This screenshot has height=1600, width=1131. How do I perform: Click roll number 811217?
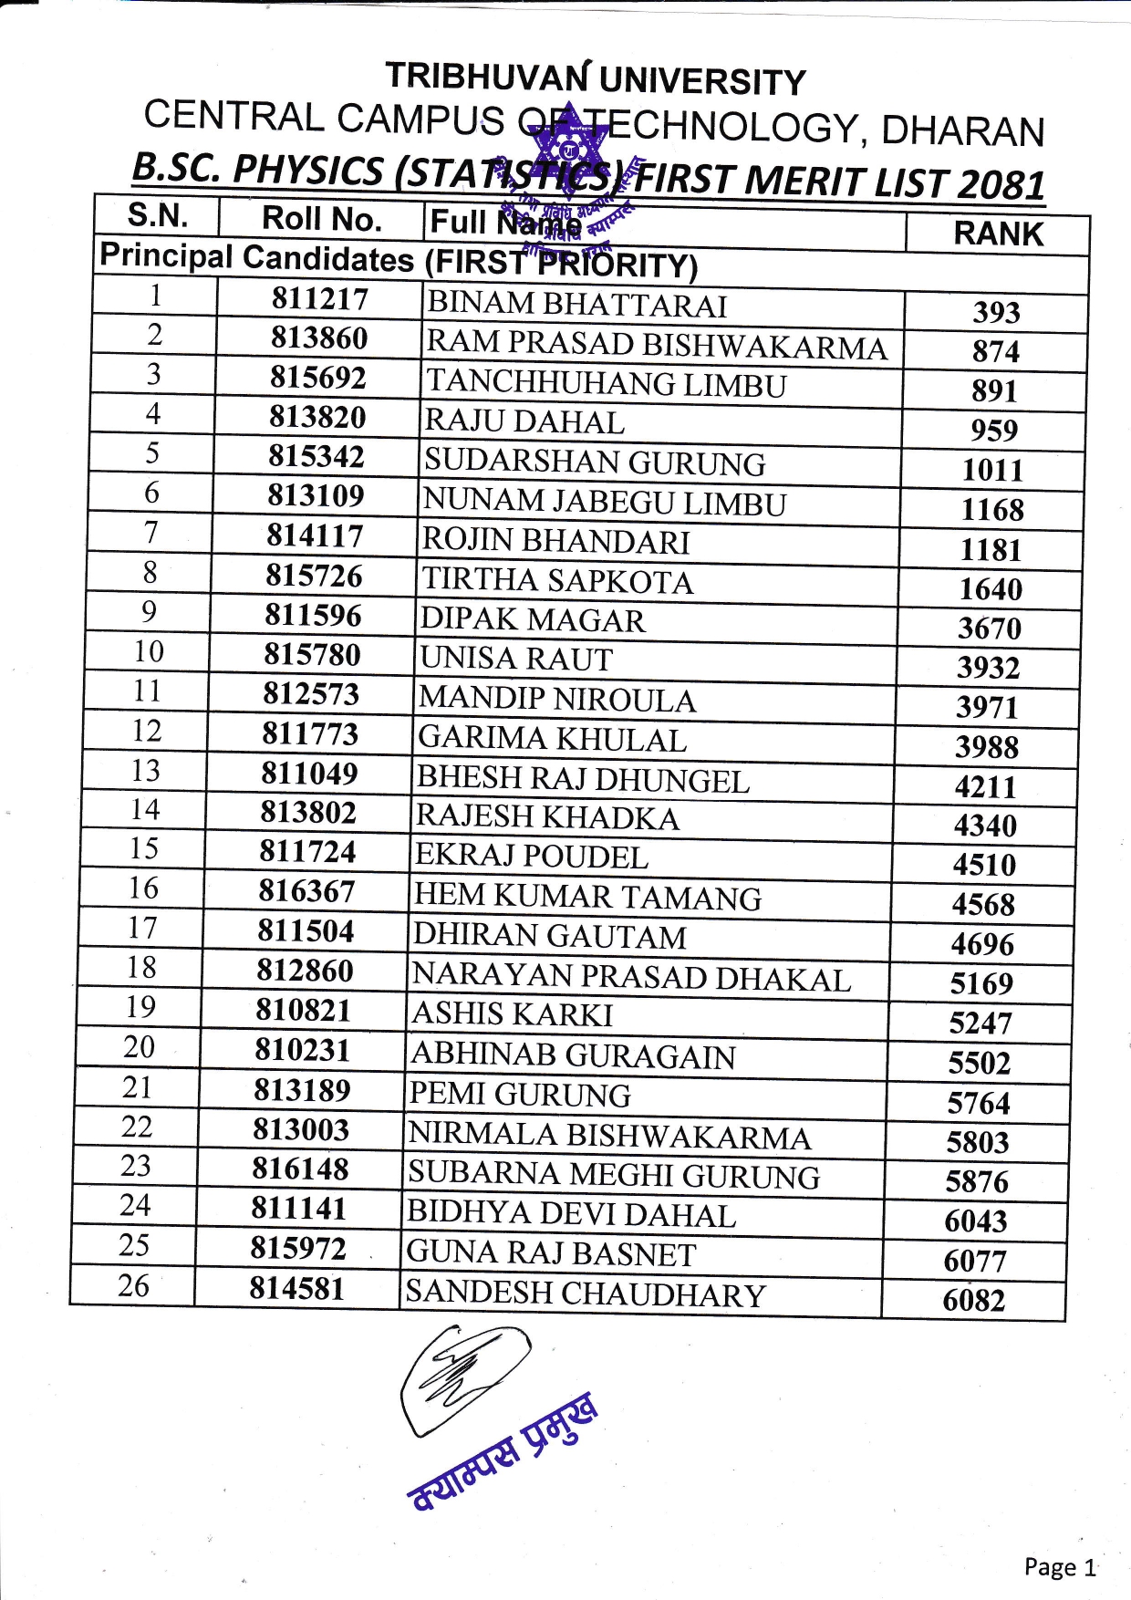pos(319,299)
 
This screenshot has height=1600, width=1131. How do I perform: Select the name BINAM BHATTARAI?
pos(576,305)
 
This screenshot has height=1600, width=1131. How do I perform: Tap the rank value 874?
pos(995,351)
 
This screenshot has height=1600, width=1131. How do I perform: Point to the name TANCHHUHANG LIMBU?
pos(606,383)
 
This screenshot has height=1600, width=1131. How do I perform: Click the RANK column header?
pos(998,234)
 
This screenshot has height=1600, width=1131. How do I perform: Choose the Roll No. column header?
pos(321,219)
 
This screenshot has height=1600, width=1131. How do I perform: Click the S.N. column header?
pos(158,215)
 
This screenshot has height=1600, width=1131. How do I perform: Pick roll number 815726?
pos(314,576)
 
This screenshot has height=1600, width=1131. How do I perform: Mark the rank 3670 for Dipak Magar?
pos(990,629)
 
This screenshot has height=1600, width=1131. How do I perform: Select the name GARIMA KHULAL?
pos(552,739)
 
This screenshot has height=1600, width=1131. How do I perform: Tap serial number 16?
pos(143,888)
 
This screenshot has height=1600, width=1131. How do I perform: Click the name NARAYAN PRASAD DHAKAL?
pos(631,977)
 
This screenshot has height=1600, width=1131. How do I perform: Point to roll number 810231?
pos(303,1050)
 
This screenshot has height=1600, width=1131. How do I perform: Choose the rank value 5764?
pos(979,1104)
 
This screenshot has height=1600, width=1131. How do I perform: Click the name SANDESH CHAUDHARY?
pos(586,1294)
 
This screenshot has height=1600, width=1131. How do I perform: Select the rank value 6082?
pos(974,1300)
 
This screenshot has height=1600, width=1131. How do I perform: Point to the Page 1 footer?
pos(1060,1567)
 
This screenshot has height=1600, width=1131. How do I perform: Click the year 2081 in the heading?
pos(1001,185)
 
